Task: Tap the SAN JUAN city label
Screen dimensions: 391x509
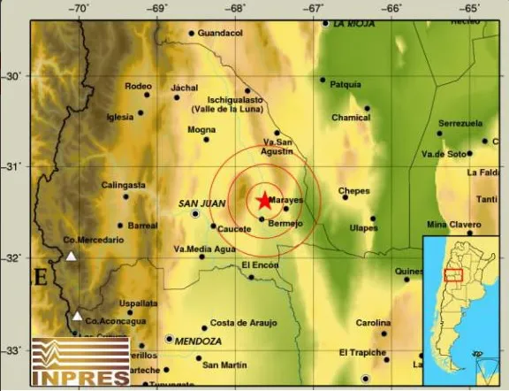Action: [x=199, y=203]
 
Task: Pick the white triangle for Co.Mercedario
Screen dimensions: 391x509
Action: [x=71, y=257]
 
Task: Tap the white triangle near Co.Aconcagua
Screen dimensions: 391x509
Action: [x=78, y=316]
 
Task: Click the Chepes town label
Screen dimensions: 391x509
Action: [x=354, y=190]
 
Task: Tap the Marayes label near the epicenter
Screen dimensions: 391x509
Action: [x=286, y=200]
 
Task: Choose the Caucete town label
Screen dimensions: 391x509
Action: [x=233, y=227]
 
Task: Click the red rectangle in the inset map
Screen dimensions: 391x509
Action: [x=453, y=279]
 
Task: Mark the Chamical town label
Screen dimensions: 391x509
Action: [x=351, y=118]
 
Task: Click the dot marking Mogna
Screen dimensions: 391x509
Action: [x=206, y=139]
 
